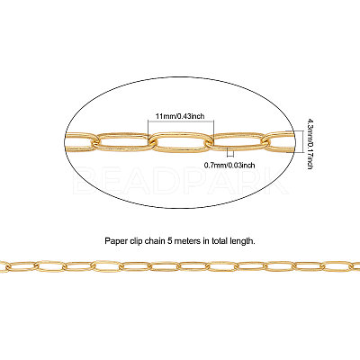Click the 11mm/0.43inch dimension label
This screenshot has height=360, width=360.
(x=180, y=116)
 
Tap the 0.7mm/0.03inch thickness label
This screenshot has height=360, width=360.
(x=229, y=165)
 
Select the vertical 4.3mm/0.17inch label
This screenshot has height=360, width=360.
(x=310, y=143)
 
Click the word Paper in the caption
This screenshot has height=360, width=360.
(x=113, y=241)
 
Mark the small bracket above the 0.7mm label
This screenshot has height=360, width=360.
(x=230, y=152)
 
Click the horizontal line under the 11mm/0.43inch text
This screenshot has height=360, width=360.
(x=181, y=121)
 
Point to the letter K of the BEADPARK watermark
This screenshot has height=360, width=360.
(x=276, y=183)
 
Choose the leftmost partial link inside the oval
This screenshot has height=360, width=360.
(x=79, y=141)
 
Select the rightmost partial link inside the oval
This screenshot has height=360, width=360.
(x=279, y=141)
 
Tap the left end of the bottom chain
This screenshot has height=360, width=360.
(x=1, y=265)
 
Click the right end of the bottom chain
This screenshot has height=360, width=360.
(x=359, y=265)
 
